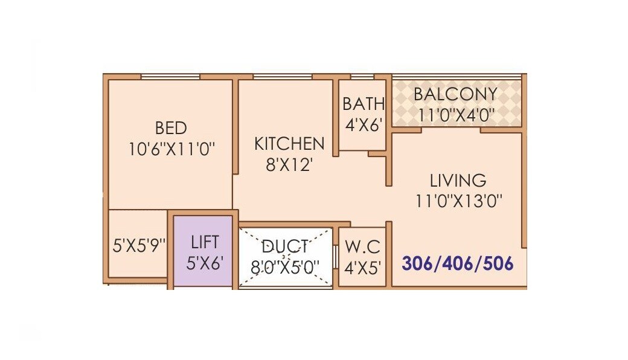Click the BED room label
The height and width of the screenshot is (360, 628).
pyautogui.click(x=171, y=128)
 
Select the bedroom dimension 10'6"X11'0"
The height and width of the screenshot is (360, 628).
pyautogui.click(x=171, y=149)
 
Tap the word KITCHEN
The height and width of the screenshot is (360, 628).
pyautogui.click(x=289, y=144)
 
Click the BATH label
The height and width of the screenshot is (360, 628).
pyautogui.click(x=363, y=104)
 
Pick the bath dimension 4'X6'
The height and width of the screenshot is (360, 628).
pyautogui.click(x=363, y=124)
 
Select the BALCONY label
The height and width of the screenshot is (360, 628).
pyautogui.click(x=455, y=94)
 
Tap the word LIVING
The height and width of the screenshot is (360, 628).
pyautogui.click(x=458, y=180)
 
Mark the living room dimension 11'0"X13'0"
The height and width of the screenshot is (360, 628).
pyautogui.click(x=458, y=200)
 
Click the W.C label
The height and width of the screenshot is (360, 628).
pyautogui.click(x=363, y=246)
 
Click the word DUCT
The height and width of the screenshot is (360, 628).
pyautogui.click(x=286, y=246)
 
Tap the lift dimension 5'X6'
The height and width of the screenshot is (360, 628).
pyautogui.click(x=204, y=263)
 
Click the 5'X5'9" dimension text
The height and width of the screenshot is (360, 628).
pyautogui.click(x=139, y=246)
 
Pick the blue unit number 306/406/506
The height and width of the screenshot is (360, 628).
pyautogui.click(x=458, y=263)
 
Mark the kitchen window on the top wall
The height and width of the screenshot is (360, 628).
pyautogui.click(x=282, y=77)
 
